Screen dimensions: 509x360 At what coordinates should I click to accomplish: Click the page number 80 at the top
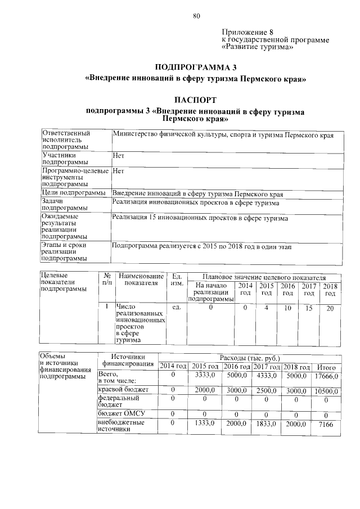(x=196, y=16)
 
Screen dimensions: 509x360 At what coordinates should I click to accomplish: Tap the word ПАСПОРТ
(x=195, y=100)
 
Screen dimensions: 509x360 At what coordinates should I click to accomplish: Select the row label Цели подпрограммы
(x=74, y=193)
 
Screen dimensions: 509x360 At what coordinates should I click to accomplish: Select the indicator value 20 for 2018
(x=330, y=308)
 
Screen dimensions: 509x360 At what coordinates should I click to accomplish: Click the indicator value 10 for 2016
(x=288, y=308)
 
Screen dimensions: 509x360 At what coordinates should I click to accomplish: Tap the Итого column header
(x=326, y=367)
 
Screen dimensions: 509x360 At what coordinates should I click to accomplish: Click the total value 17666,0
(x=326, y=376)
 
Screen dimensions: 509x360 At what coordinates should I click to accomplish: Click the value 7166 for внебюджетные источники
(x=326, y=425)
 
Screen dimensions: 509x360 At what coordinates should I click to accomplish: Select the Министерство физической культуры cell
(x=223, y=136)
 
